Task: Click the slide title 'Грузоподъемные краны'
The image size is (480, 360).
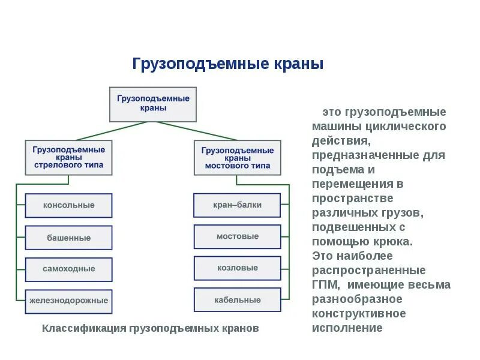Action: click(227, 64)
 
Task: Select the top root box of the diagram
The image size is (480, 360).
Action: click(153, 104)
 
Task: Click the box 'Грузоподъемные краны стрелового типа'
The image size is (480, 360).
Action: click(68, 157)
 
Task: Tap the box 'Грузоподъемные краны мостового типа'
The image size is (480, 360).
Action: click(237, 157)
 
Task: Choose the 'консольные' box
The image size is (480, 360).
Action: click(68, 205)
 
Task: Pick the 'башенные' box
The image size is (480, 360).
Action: click(68, 238)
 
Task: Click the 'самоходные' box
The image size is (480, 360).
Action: click(68, 269)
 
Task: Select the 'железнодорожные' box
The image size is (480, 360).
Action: click(68, 300)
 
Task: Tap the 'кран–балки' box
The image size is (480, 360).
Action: click(237, 205)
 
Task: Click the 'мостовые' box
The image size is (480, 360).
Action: click(237, 236)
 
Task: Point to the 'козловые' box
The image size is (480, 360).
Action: click(237, 268)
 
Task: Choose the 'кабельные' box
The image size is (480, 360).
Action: click(237, 299)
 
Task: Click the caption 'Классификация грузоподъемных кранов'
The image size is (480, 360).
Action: click(150, 329)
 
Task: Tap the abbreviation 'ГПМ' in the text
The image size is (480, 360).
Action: click(326, 285)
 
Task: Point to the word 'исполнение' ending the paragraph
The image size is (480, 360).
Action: click(347, 328)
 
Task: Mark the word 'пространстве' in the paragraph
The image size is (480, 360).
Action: click(352, 199)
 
